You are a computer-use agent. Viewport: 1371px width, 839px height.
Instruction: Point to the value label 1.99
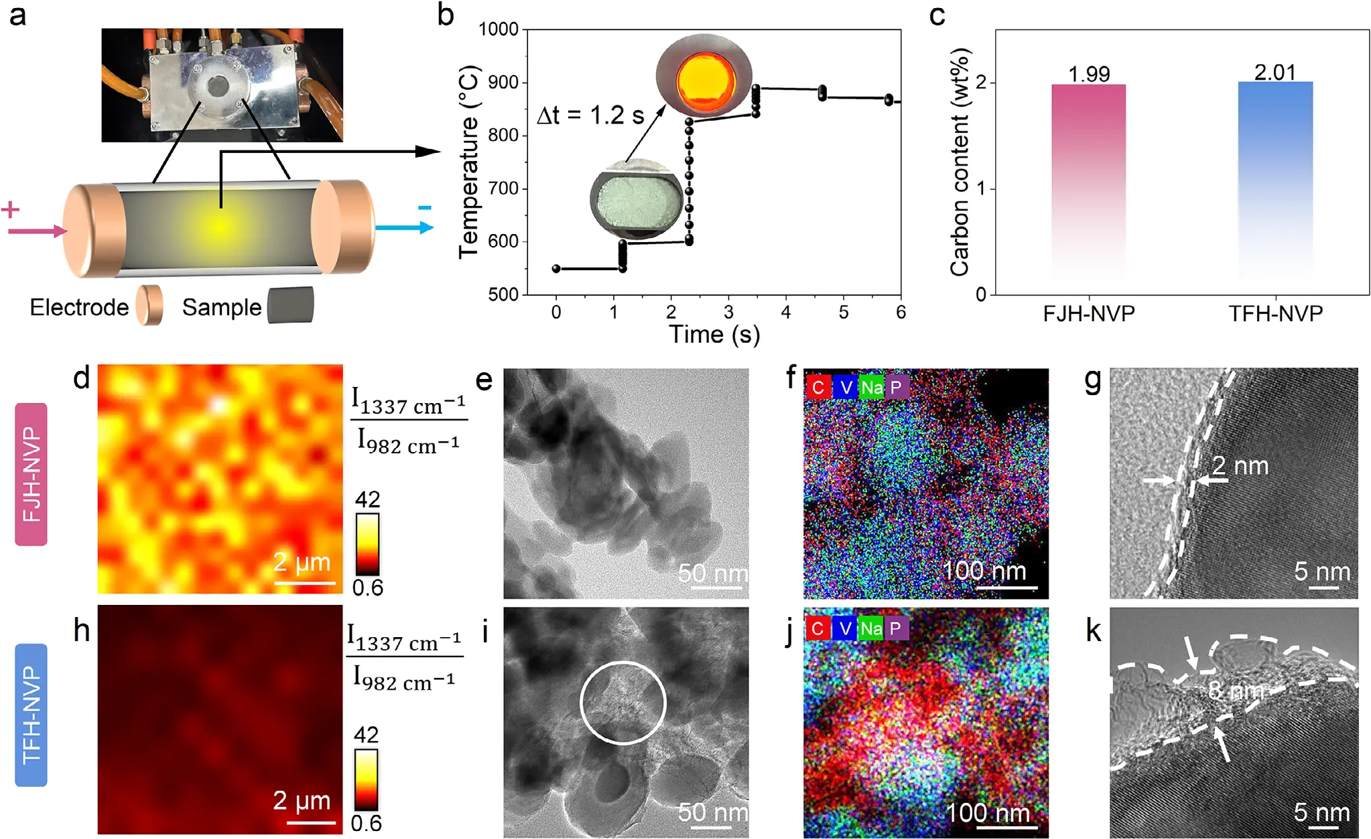pos(1089,74)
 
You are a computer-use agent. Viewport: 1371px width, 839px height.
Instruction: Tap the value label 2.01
pos(1275,72)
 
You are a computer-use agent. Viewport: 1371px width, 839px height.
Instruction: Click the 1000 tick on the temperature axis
pos(499,30)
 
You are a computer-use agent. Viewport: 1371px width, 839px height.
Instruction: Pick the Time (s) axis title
pos(714,334)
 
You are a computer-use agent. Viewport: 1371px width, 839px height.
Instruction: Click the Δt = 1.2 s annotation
pos(590,115)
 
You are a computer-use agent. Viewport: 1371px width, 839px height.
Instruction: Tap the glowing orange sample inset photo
pos(704,76)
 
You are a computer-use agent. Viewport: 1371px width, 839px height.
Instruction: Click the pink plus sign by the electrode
pos(10,210)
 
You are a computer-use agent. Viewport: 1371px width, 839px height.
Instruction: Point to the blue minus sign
pos(424,208)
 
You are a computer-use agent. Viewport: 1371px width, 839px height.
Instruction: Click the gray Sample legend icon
pos(290,305)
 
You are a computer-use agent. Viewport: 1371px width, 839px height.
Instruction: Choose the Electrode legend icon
pos(149,305)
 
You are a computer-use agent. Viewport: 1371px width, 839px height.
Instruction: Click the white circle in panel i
pos(623,702)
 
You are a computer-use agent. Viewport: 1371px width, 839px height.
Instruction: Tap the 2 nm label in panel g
pos(1240,465)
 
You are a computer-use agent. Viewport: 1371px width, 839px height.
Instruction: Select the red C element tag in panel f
pos(818,387)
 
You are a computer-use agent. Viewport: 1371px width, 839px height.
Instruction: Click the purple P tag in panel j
pos(895,628)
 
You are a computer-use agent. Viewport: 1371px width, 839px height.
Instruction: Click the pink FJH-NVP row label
pos(31,474)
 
